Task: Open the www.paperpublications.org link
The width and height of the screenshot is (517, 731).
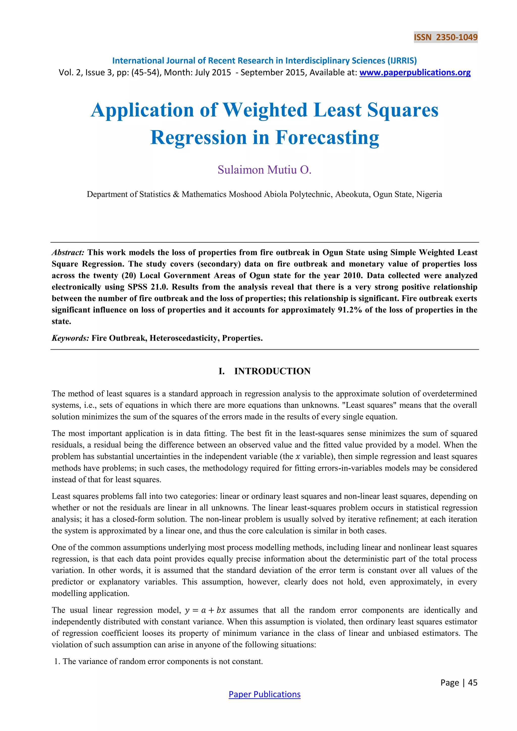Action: click(x=415, y=73)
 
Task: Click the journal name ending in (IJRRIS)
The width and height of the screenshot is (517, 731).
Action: click(x=264, y=61)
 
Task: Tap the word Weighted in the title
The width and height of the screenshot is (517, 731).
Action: click(x=265, y=110)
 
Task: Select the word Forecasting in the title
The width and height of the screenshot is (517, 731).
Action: click(x=327, y=138)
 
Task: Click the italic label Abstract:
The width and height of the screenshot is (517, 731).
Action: click(x=68, y=252)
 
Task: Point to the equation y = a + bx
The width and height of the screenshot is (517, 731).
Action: click(x=205, y=610)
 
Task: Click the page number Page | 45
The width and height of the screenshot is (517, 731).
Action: click(x=459, y=682)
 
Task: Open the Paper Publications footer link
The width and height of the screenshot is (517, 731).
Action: click(x=264, y=694)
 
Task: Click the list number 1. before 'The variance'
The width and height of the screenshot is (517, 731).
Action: click(x=57, y=661)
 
